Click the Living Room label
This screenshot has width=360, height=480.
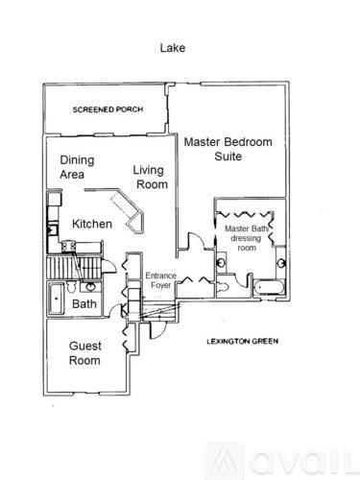click(x=150, y=178)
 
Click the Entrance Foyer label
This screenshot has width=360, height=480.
click(x=160, y=280)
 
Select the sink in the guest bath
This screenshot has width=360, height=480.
click(x=89, y=286)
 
